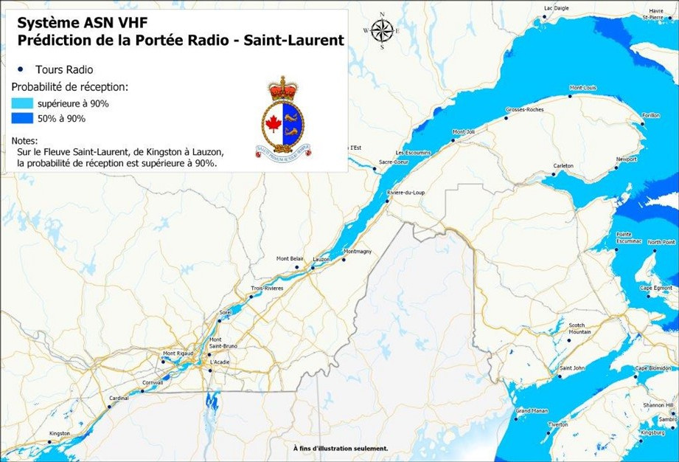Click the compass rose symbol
[x=382, y=31]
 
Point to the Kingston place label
[x=59, y=433]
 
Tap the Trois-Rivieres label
[x=267, y=288]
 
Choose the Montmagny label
[x=357, y=252]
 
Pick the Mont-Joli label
[x=463, y=131]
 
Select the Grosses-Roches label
[x=524, y=109]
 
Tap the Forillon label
[x=651, y=116]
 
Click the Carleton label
[x=563, y=165]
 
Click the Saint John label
[x=572, y=368]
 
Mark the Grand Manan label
[x=530, y=410]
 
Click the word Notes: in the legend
[x=25, y=140]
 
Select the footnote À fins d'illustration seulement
[x=340, y=448]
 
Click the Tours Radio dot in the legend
[x=16, y=69]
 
